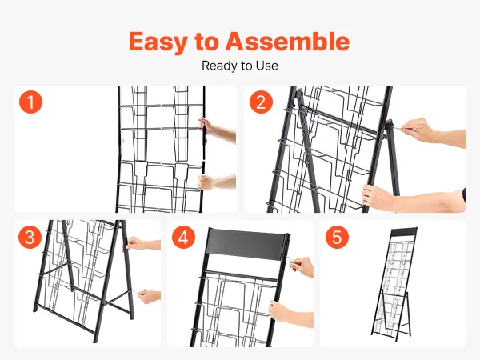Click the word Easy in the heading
point(158,42)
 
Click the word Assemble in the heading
point(287,41)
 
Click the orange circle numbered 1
point(30,102)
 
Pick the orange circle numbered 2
point(261,102)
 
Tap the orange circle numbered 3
point(30,237)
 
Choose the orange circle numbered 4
point(183,237)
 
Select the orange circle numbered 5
point(337,237)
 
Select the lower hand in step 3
point(149,296)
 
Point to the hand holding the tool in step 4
point(302,266)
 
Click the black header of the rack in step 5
point(404,232)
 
